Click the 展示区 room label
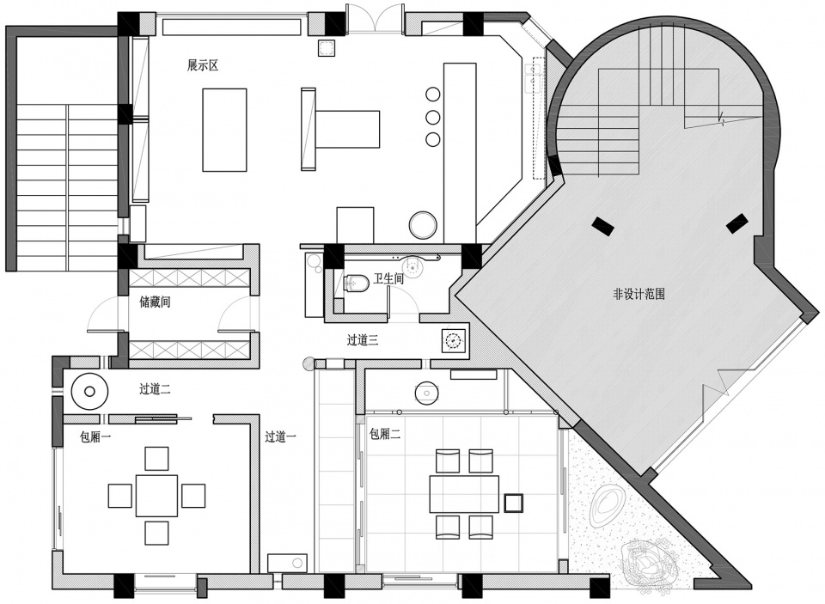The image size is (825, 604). [x=203, y=66]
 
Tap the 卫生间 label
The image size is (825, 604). [x=388, y=278]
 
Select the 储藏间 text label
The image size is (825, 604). [x=155, y=302]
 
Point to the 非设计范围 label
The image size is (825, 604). [x=639, y=294]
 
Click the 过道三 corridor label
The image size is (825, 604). [x=363, y=340]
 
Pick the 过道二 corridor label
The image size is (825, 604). [x=155, y=389]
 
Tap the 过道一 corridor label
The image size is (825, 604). [x=280, y=436]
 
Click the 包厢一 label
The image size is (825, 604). [x=95, y=436]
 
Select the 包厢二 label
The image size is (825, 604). [x=385, y=434]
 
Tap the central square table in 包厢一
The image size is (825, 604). [x=156, y=496]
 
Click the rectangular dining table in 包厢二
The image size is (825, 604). [x=464, y=494]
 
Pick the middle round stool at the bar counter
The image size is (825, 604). [x=432, y=117]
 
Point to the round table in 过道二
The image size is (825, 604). [x=89, y=392]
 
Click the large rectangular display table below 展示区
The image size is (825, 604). [x=224, y=130]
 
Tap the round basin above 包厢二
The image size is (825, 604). [x=426, y=393]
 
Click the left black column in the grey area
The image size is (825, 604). [x=602, y=226]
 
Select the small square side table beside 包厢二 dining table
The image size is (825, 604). [x=513, y=503]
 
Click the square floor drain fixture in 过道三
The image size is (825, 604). [x=453, y=341]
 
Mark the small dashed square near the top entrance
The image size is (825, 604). [x=327, y=48]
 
